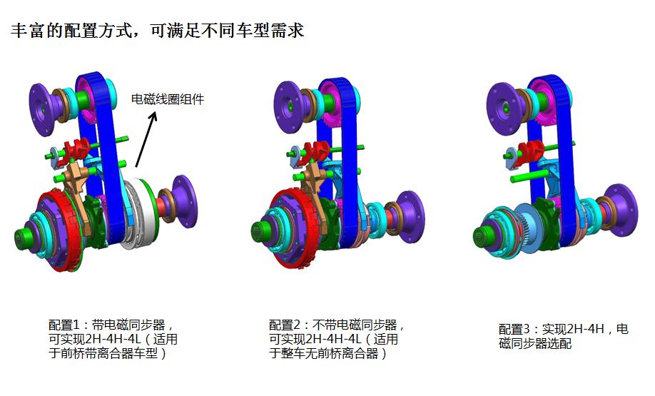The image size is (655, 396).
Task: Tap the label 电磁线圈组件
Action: coord(168,99)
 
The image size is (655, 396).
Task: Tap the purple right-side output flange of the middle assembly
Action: coord(412,211)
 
